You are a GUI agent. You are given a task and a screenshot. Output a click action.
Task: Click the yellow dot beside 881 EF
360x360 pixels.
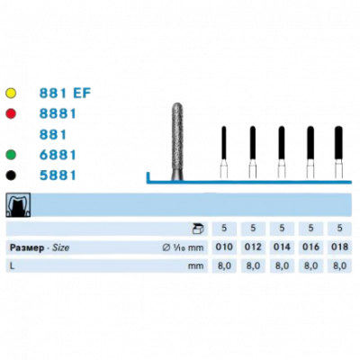pyautogui.click(x=11, y=94)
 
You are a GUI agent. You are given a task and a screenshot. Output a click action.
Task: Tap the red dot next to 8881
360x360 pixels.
pyautogui.click(x=11, y=113)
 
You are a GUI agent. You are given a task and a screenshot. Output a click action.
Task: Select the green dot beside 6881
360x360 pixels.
pyautogui.click(x=11, y=155)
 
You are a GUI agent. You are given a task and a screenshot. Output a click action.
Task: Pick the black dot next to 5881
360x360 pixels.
pyautogui.click(x=11, y=175)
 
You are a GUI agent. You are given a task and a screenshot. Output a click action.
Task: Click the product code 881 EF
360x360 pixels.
pyautogui.click(x=65, y=94)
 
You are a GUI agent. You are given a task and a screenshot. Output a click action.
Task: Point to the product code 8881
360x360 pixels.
pyautogui.click(x=58, y=113)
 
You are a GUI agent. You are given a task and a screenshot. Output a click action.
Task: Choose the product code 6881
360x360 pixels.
pyautogui.click(x=58, y=155)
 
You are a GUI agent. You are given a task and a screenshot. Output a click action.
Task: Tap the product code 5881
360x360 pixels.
pyautogui.click(x=58, y=175)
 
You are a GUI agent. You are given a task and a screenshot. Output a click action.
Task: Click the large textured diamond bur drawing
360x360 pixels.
pyautogui.click(x=177, y=141)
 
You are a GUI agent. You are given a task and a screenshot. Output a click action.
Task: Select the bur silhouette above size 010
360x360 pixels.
pyautogui.click(x=224, y=152)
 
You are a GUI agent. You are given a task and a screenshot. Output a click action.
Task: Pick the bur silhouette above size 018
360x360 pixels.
pyautogui.click(x=338, y=152)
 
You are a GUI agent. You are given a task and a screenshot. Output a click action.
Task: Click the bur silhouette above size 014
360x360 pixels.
pyautogui.click(x=282, y=152)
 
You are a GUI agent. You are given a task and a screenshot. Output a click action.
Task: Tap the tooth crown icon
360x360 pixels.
pyautogui.click(x=18, y=205)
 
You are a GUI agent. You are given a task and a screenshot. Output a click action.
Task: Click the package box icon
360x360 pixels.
pyautogui.click(x=198, y=229)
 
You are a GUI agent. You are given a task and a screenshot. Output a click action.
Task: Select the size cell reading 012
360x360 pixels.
pyautogui.click(x=253, y=247)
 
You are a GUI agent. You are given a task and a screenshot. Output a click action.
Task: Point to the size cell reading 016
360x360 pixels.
pyautogui.click(x=310, y=247)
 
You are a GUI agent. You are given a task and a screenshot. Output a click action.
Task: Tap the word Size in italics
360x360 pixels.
pyautogui.click(x=61, y=247)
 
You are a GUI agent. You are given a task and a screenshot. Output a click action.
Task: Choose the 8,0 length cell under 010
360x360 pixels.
pyautogui.click(x=224, y=265)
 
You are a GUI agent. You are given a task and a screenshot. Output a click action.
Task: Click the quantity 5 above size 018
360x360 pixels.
pyautogui.click(x=339, y=229)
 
